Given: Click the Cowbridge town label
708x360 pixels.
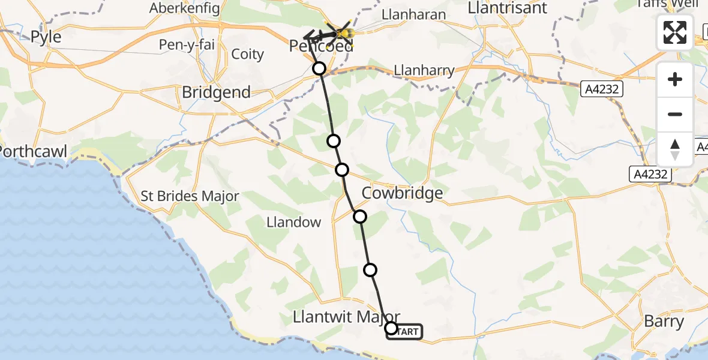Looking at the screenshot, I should point(403,193).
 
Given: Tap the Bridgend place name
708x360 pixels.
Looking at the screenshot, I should point(216,92).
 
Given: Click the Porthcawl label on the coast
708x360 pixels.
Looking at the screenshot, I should point(33,151).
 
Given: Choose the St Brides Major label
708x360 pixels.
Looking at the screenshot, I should point(190,196).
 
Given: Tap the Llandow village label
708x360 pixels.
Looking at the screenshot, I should point(294,222).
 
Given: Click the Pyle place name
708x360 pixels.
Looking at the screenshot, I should point(46,37).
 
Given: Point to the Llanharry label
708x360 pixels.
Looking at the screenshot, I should point(424,70).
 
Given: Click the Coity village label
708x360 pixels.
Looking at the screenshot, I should point(247,55).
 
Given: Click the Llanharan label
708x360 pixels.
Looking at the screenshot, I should point(414,15).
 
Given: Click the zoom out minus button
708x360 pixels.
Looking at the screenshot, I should point(675,115).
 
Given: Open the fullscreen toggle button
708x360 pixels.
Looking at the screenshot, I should point(675,32).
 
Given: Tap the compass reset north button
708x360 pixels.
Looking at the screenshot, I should point(675,149).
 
